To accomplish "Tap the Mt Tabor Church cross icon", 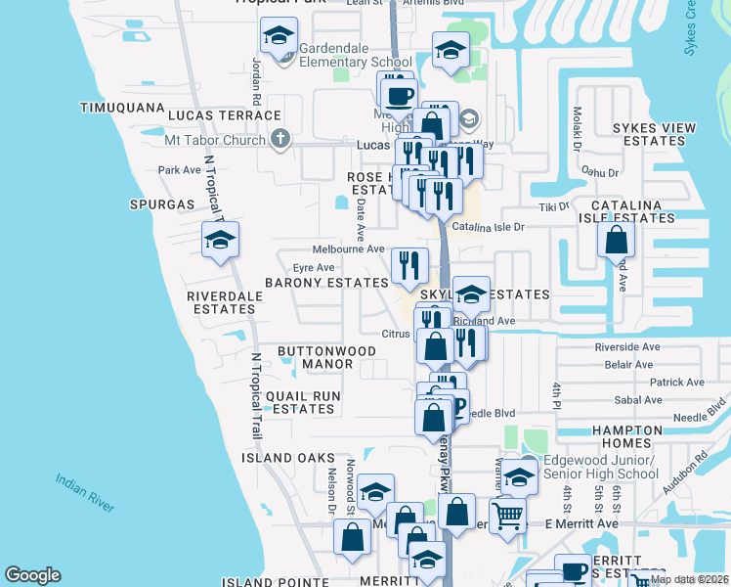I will click(280, 139).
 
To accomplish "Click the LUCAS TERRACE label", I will click(225, 115).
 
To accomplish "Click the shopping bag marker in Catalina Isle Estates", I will click(617, 239).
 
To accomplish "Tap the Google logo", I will click(32, 575).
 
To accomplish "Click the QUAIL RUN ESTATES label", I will click(304, 402).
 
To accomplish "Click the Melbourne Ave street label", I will click(348, 249).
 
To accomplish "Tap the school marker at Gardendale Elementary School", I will click(279, 38).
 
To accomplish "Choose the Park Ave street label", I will click(179, 170).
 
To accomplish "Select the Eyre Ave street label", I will click(314, 267).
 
